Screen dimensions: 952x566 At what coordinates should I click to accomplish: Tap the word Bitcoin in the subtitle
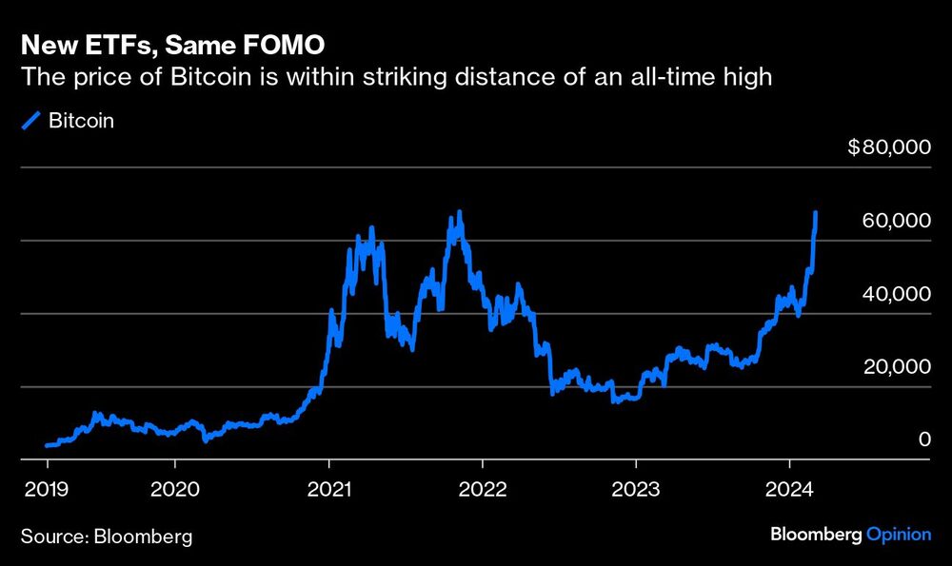pos(210,77)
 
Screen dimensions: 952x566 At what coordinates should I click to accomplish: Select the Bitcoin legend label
pos(81,121)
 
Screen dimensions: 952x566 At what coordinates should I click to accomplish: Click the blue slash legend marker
pos(31,120)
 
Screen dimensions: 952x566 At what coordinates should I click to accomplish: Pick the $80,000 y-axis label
pos(889,146)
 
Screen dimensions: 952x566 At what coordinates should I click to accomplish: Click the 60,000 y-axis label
pos(896,220)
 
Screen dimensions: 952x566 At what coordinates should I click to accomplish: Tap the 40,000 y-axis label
pos(896,294)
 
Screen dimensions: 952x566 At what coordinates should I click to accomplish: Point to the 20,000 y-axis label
pos(897,366)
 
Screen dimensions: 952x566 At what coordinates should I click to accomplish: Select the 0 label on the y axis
pos(924,439)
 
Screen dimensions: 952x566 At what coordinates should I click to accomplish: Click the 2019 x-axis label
pos(46,489)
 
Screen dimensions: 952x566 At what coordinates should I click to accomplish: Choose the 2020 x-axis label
pos(175,489)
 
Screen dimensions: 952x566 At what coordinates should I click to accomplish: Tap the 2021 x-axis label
pos(329,489)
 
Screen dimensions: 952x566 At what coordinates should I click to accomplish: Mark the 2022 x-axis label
pos(483,489)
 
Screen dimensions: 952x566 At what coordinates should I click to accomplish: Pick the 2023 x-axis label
pos(636,489)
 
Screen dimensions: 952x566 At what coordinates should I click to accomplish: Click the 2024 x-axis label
pos(789,489)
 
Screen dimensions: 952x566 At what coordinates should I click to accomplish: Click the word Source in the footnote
pos(54,537)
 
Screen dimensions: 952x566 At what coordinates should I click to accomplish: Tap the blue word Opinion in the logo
pos(899,535)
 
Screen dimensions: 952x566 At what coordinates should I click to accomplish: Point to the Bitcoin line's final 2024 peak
pos(816,212)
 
